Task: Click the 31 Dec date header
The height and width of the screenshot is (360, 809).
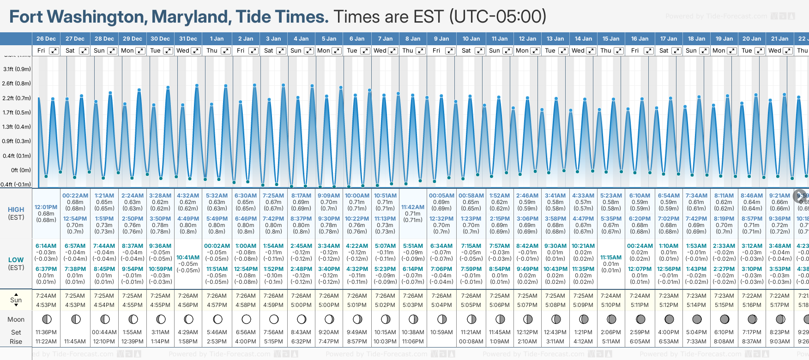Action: pyautogui.click(x=188, y=39)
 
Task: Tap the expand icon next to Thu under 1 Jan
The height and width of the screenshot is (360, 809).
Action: pyautogui.click(x=225, y=51)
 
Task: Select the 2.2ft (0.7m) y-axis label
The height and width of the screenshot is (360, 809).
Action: pyautogui.click(x=17, y=98)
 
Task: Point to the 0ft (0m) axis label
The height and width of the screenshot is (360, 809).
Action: pyautogui.click(x=21, y=170)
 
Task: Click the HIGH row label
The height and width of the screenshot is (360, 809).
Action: pyautogui.click(x=16, y=210)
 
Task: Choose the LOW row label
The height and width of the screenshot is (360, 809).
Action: pyautogui.click(x=16, y=260)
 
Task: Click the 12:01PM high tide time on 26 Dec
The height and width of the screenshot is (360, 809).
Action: pyautogui.click(x=46, y=207)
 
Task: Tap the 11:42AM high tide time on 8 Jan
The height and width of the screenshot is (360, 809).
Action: pyautogui.click(x=413, y=207)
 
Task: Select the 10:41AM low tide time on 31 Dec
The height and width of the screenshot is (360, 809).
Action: pyautogui.click(x=188, y=258)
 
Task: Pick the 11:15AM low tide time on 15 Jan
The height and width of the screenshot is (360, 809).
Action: pyautogui.click(x=611, y=258)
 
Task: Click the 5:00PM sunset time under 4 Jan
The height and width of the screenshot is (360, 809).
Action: pyautogui.click(x=301, y=305)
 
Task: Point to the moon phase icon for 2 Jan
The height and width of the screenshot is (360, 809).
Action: pyautogui.click(x=246, y=319)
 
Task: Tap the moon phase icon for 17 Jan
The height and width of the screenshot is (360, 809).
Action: pyautogui.click(x=669, y=319)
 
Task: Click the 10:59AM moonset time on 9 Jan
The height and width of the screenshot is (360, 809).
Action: pyautogui.click(x=441, y=332)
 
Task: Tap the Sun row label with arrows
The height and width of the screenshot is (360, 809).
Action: pyautogui.click(x=16, y=300)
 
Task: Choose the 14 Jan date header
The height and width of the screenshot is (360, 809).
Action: pyautogui.click(x=583, y=39)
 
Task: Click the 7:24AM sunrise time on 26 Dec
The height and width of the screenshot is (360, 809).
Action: pyautogui.click(x=46, y=296)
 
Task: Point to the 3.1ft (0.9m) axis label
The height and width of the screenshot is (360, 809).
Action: pyautogui.click(x=17, y=69)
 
